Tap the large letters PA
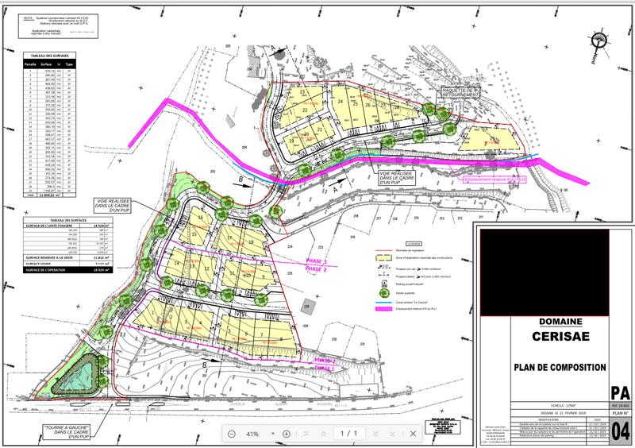[621, 393]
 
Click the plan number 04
[621, 431]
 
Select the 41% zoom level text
[253, 434]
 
